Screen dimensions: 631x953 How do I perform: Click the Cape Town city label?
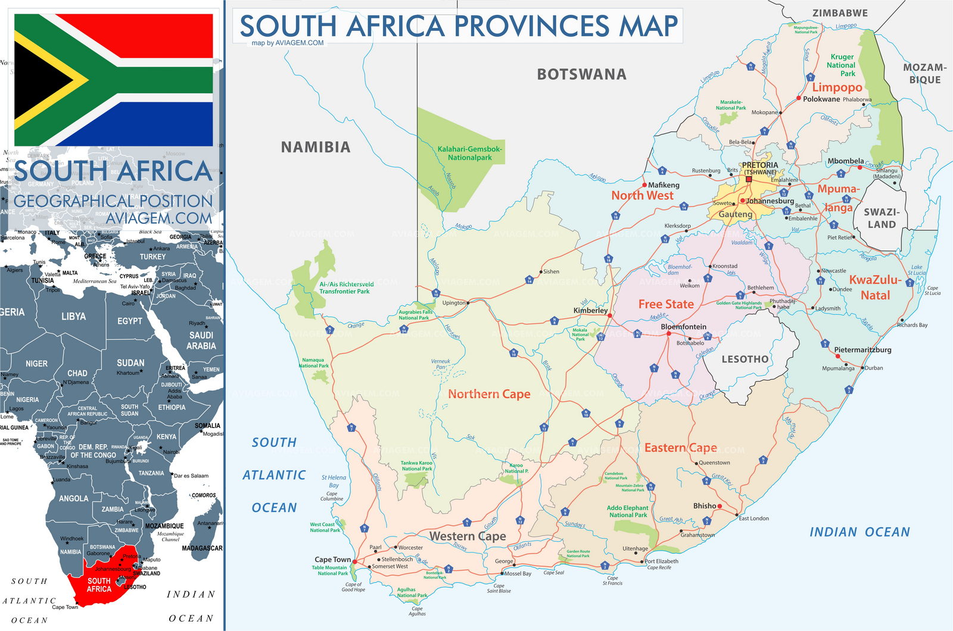(x=332, y=560)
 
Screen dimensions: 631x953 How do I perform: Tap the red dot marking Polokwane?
(x=799, y=98)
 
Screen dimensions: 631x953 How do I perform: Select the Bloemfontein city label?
(x=683, y=327)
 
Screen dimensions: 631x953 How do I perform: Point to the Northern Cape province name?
(x=489, y=394)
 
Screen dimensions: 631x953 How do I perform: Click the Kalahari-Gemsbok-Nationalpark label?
(x=470, y=154)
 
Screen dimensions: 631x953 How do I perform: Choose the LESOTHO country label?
(x=745, y=360)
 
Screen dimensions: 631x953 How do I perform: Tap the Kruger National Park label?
(x=842, y=65)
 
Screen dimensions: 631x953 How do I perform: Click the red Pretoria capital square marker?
(x=749, y=179)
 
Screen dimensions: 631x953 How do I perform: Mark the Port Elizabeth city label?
(x=661, y=561)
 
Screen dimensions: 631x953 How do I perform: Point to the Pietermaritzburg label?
(x=862, y=350)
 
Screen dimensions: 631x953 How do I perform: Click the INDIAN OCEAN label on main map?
(x=859, y=532)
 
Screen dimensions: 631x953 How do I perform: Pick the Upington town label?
(x=454, y=303)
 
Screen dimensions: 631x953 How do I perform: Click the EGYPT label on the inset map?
(x=129, y=321)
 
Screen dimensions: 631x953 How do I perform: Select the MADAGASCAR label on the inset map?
(x=202, y=548)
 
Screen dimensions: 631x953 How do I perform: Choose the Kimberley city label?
(x=590, y=311)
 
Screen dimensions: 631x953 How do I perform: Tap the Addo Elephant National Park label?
(x=627, y=511)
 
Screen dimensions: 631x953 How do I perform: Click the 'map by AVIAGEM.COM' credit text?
(x=288, y=43)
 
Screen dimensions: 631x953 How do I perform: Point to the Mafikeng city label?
(x=664, y=185)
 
